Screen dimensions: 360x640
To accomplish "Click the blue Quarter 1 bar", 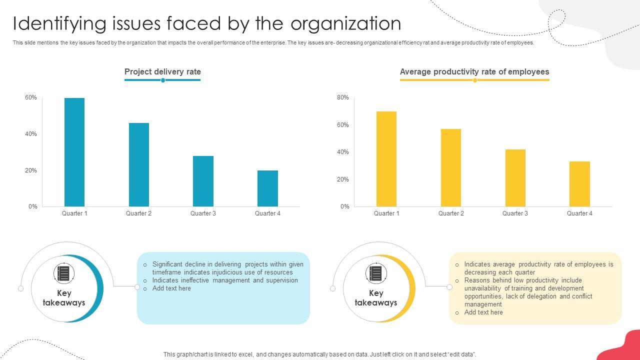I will pyautogui.click(x=74, y=152).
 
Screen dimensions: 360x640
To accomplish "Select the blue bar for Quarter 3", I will pyautogui.click(x=203, y=181).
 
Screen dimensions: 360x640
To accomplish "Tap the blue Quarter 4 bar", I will pyautogui.click(x=267, y=188).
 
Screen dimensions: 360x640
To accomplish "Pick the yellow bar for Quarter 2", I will pyautogui.click(x=451, y=167).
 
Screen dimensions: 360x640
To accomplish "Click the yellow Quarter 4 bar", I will pyautogui.click(x=579, y=184).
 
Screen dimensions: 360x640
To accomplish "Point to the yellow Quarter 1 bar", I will pyautogui.click(x=386, y=159).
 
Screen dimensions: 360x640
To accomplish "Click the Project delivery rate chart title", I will pyautogui.click(x=162, y=71).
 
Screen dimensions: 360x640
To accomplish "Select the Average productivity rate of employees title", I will pyautogui.click(x=474, y=71).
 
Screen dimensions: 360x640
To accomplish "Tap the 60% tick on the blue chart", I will pyautogui.click(x=31, y=97).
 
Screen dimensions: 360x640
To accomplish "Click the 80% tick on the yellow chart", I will pyautogui.click(x=343, y=97).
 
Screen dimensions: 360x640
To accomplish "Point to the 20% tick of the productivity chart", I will pyautogui.click(x=343, y=179).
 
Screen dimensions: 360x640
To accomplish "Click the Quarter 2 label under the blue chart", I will pyautogui.click(x=138, y=213).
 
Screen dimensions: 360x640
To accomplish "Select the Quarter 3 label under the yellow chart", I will pyautogui.click(x=515, y=213).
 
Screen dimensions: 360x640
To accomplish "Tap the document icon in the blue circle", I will pyautogui.click(x=63, y=273).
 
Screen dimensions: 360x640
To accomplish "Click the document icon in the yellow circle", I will pyautogui.click(x=375, y=273).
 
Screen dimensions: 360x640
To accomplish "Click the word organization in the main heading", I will pyautogui.click(x=345, y=23).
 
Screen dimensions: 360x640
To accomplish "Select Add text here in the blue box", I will pyautogui.click(x=171, y=288).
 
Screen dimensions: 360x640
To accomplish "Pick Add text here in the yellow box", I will pyautogui.click(x=483, y=312).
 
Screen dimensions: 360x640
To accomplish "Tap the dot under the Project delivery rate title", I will pyautogui.click(x=163, y=80).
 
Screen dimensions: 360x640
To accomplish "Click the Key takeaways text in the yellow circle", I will pyautogui.click(x=375, y=298).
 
